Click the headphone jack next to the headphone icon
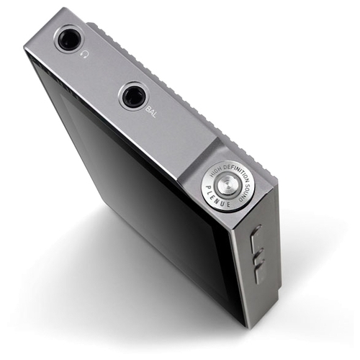click(69, 38)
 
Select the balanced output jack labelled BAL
click(133, 96)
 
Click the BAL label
click(151, 112)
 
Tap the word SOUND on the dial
click(246, 190)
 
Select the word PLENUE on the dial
click(215, 198)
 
